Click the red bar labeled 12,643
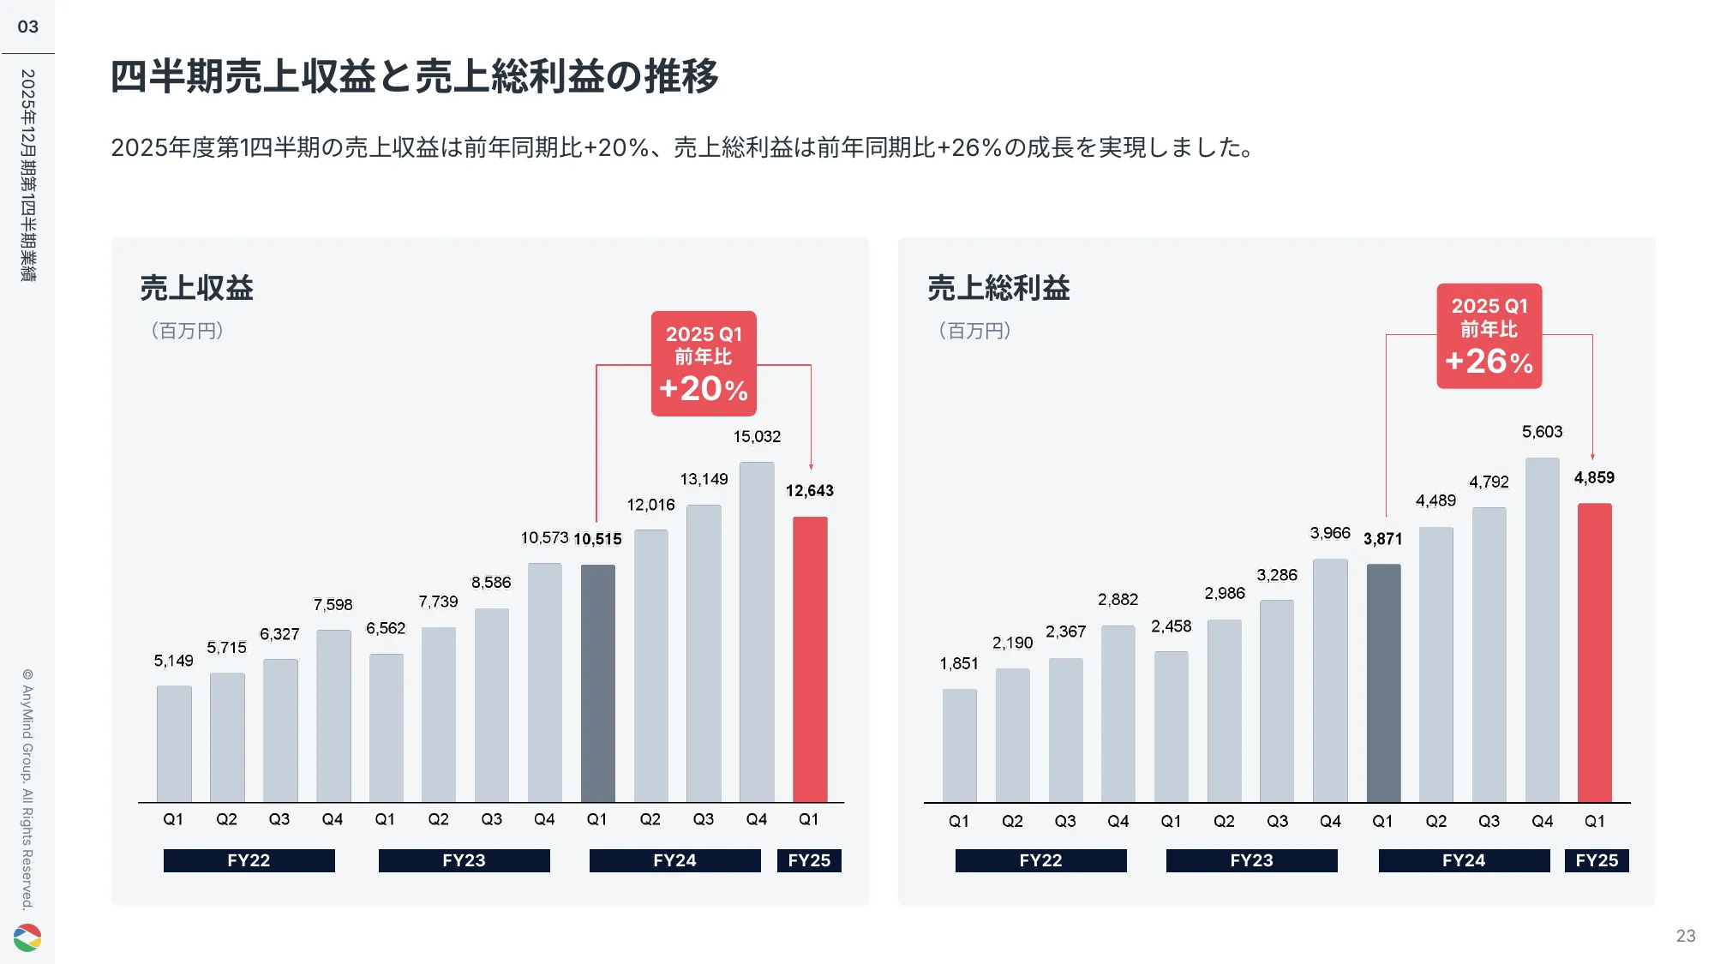tap(810, 660)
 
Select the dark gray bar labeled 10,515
tap(597, 683)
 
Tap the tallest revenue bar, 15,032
tap(757, 632)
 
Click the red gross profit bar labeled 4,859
tap(1594, 653)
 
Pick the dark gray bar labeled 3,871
tap(1383, 683)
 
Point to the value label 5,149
tap(173, 661)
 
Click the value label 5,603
tap(1542, 432)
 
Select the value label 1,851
tap(958, 663)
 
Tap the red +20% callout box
tap(704, 363)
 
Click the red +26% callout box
tap(1489, 336)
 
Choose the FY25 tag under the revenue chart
tap(809, 860)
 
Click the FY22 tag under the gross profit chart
tap(1040, 860)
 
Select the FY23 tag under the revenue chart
tap(464, 860)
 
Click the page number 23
tap(1685, 936)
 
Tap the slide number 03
tap(27, 27)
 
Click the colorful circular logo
tap(27, 937)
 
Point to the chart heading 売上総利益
tap(998, 288)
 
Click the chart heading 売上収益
tap(196, 288)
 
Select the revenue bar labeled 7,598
tap(333, 716)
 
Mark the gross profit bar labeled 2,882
tap(1118, 714)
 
